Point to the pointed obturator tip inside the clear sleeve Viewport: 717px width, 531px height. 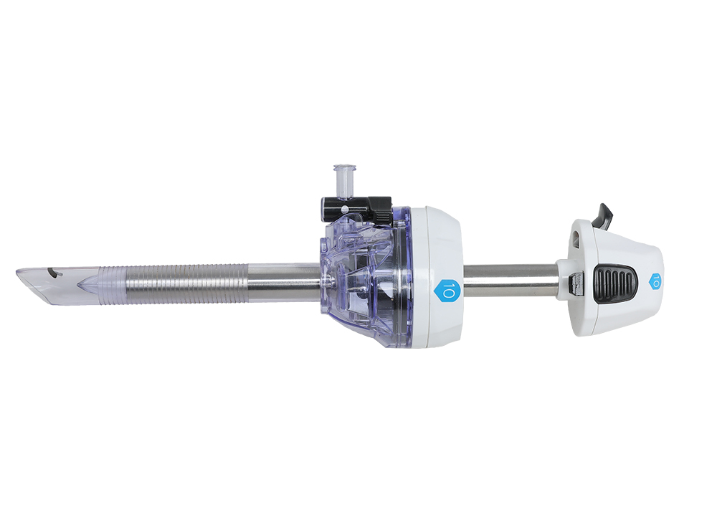point(87,285)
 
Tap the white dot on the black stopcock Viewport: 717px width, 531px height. point(343,210)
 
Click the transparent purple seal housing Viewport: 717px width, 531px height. point(366,279)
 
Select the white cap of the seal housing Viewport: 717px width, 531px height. point(437,277)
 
